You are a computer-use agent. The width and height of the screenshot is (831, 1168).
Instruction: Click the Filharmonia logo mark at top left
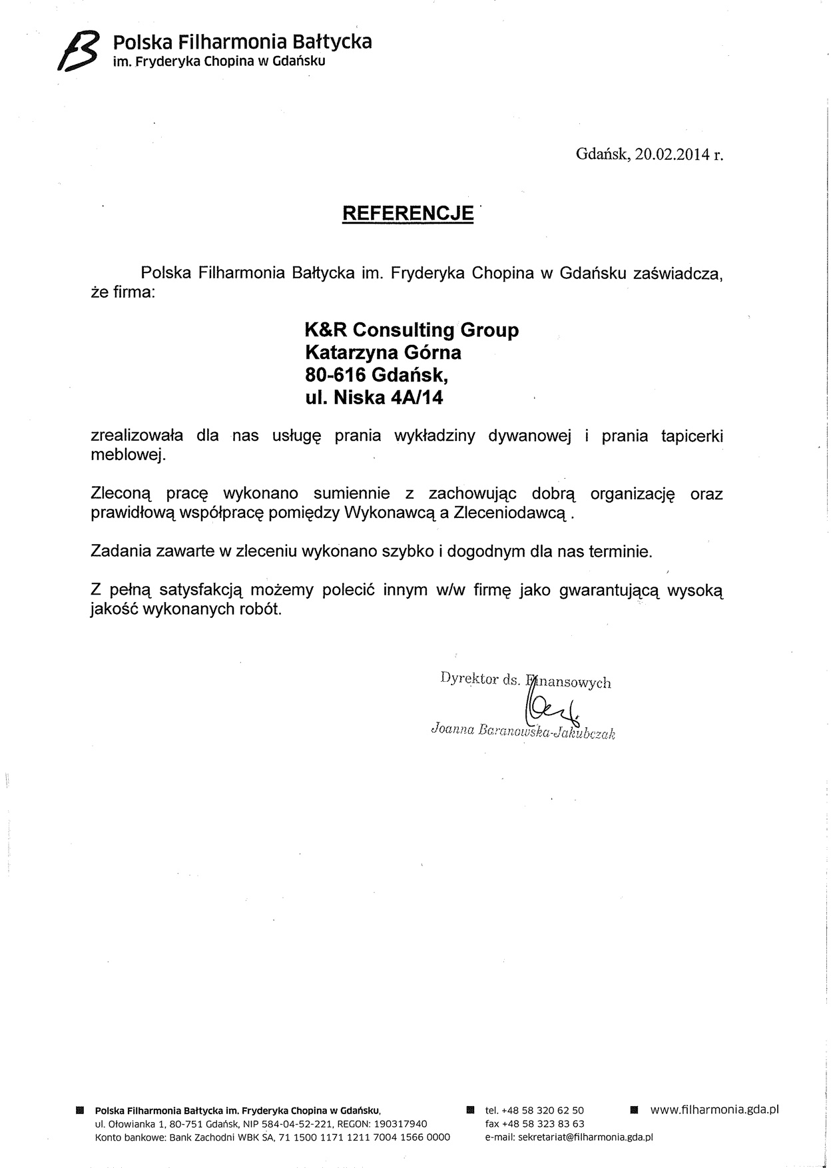coord(78,51)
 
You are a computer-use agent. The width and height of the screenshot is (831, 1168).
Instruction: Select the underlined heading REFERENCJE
coord(408,213)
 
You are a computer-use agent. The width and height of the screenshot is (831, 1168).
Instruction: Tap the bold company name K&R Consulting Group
coord(412,330)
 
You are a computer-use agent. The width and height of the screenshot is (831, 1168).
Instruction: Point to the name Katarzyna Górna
coord(383,352)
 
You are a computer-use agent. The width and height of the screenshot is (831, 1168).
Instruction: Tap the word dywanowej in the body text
coord(530,436)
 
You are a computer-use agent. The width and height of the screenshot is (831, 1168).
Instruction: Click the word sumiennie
coord(352,495)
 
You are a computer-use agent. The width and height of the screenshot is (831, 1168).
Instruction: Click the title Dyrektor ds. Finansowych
coord(525,681)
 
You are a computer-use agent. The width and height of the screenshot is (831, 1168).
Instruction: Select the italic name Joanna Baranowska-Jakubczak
coord(523,732)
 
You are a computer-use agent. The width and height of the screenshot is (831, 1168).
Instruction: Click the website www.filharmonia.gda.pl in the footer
coord(714,1109)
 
